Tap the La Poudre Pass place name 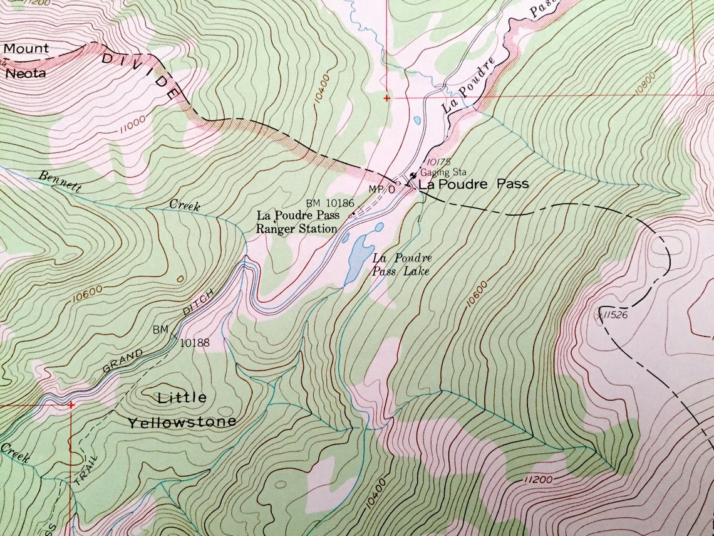(x=473, y=184)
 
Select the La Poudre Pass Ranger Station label (x=297, y=222)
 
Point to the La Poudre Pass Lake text (x=401, y=265)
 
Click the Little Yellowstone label (x=182, y=409)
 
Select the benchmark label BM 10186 (x=330, y=203)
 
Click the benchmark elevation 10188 (x=194, y=343)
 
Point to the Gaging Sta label (x=439, y=172)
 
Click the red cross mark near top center (x=387, y=98)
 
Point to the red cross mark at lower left (x=71, y=404)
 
